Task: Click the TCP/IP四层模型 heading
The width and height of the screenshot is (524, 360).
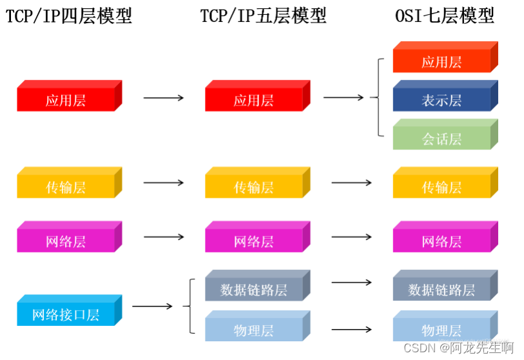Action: [69, 16]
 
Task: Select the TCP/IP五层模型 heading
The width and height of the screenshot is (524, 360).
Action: [264, 16]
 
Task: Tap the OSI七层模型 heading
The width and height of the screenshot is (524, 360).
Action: [445, 16]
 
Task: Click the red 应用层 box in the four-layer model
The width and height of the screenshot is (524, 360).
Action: [66, 100]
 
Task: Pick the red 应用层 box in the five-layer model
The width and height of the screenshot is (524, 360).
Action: [254, 100]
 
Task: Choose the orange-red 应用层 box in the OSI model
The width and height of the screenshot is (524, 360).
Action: [442, 62]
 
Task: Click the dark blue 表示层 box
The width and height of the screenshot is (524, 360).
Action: [442, 100]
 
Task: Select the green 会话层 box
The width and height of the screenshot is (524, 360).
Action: [442, 138]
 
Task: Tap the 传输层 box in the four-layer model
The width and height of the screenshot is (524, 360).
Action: [66, 187]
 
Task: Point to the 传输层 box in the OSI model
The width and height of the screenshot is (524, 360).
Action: [442, 187]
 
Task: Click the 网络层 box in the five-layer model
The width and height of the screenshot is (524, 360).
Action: [254, 242]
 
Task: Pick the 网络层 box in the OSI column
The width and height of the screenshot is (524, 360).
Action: [442, 242]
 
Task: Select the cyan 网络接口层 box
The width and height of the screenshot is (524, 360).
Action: [66, 314]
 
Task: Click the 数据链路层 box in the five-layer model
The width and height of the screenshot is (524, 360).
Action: [254, 289]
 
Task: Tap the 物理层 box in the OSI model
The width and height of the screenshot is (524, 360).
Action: [442, 330]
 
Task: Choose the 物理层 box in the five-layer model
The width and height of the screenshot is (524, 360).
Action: [254, 330]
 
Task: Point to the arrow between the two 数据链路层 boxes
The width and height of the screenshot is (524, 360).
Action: [351, 282]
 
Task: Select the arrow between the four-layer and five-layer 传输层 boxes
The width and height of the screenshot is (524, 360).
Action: [163, 182]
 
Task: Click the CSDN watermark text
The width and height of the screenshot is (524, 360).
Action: [458, 348]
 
